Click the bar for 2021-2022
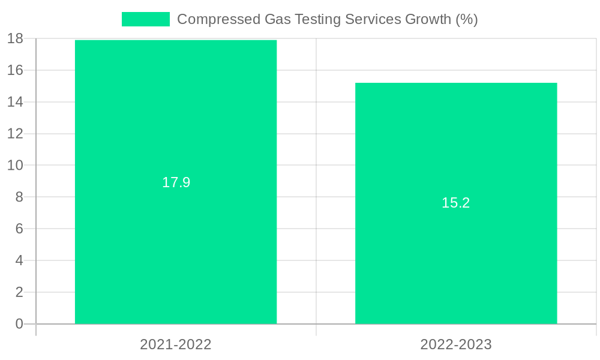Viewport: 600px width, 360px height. (176, 240)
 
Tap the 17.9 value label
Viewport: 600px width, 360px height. (176, 182)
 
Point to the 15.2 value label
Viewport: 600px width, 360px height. (456, 203)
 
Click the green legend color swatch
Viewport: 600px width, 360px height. (146, 19)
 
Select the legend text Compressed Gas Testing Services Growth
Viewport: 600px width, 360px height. (327, 19)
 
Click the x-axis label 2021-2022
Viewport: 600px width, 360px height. (176, 344)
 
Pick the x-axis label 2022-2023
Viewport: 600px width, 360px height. (456, 344)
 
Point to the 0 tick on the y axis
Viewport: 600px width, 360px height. (19, 324)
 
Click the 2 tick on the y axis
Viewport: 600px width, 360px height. (19, 292)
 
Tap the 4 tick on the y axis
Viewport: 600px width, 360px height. (19, 260)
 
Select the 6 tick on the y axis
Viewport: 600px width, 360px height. (19, 229)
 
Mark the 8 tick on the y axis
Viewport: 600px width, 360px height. (19, 197)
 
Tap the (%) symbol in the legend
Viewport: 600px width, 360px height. (466, 19)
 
